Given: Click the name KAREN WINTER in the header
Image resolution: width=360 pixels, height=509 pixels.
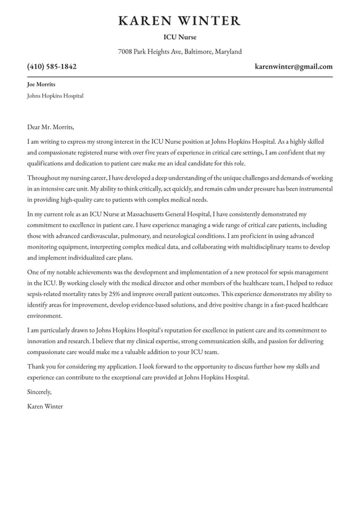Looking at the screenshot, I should (x=179, y=21).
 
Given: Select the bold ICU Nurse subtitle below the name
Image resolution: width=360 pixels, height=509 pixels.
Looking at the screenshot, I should (x=179, y=38).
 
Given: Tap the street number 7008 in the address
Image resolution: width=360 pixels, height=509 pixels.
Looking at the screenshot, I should (x=125, y=52).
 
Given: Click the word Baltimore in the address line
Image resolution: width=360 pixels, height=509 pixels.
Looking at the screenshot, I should (x=197, y=52).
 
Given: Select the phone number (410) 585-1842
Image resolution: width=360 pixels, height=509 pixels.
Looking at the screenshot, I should (x=52, y=67).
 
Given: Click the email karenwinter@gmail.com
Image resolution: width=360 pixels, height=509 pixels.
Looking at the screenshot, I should (x=293, y=67).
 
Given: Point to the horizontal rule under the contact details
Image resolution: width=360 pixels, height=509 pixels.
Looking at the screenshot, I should (x=179, y=76).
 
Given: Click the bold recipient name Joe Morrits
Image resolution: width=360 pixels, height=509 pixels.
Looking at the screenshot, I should (x=41, y=85).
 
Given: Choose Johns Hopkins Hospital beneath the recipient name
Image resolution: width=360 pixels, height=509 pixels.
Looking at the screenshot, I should (x=55, y=96).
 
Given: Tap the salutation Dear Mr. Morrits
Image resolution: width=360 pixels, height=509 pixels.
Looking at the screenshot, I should (x=51, y=128).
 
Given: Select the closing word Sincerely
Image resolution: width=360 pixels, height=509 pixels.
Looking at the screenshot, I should (x=39, y=392).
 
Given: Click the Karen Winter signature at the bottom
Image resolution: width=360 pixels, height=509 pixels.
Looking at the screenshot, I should (x=45, y=407).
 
